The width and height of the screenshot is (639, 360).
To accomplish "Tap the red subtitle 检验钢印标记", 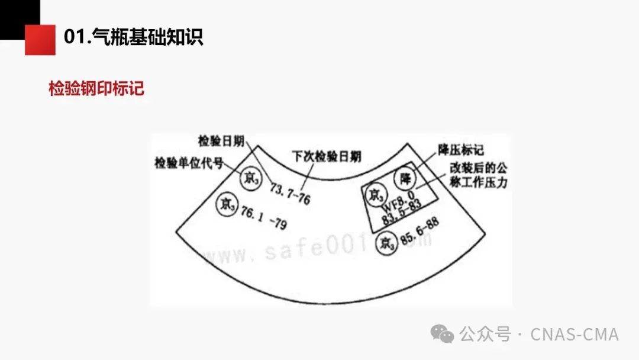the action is click(96, 89).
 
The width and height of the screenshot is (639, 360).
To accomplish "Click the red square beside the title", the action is click(40, 40).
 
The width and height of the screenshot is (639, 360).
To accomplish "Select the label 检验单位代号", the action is click(189, 162).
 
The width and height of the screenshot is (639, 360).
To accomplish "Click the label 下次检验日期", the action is click(327, 156).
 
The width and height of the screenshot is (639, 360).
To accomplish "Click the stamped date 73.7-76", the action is click(290, 194).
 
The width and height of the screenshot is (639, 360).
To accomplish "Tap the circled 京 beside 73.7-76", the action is click(250, 178).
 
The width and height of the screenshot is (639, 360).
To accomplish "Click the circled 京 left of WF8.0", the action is click(375, 194).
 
